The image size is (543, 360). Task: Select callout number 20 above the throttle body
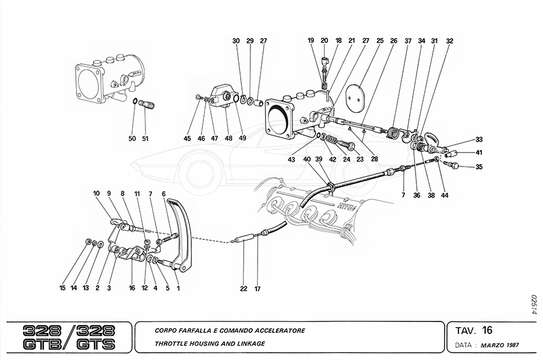[324, 41]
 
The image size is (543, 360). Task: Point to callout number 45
[187, 138]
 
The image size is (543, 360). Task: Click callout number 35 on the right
[479, 167]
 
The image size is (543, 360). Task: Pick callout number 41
[479, 153]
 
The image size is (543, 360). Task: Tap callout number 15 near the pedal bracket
[62, 288]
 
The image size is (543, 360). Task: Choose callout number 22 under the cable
[243, 289]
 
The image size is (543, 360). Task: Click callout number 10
[96, 194]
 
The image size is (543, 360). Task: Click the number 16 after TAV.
[487, 330]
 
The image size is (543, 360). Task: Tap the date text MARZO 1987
[500, 347]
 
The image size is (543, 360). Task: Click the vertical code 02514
[533, 305]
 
